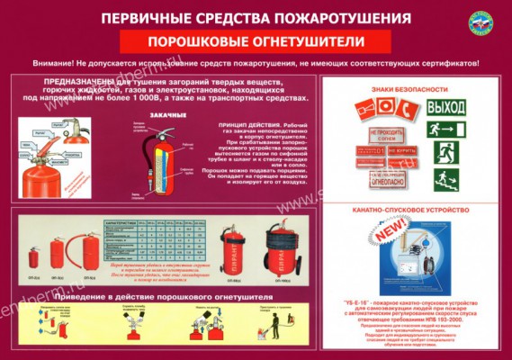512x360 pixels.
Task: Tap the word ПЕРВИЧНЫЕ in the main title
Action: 145,18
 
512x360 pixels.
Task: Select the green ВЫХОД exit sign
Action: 445,107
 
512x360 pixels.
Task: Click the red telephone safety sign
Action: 404,112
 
